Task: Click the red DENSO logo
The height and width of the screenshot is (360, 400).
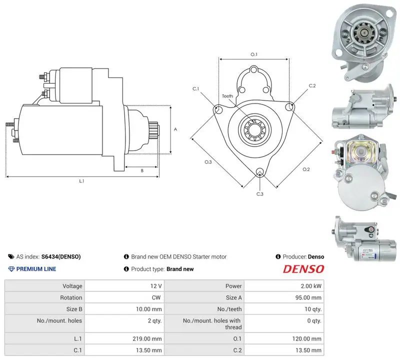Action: (x=303, y=269)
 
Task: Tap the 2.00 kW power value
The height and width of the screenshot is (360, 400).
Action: (x=311, y=286)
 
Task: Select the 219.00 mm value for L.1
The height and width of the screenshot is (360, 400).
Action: (x=147, y=339)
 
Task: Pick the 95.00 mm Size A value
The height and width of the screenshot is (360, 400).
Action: (x=308, y=297)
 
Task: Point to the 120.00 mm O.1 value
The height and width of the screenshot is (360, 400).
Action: (x=306, y=339)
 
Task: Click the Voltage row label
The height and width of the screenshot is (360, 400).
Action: (x=72, y=286)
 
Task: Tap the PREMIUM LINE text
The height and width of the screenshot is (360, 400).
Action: (x=36, y=269)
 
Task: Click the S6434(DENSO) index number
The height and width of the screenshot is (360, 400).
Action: (x=61, y=256)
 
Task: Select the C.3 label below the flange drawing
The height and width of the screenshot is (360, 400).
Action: (x=259, y=194)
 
